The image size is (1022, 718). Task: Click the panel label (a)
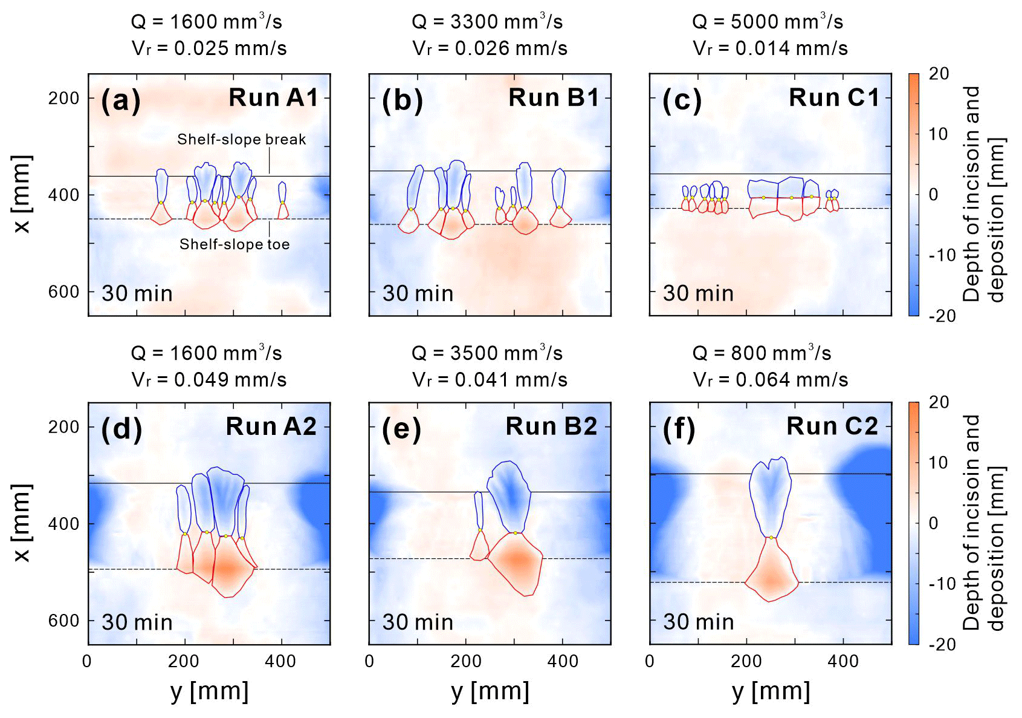pyautogui.click(x=121, y=100)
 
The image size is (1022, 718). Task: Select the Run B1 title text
pyautogui.click(x=553, y=97)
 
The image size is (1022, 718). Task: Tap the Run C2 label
pyautogui.click(x=832, y=426)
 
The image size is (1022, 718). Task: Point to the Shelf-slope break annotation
pyautogui.click(x=241, y=140)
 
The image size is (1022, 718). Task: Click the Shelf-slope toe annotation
pyautogui.click(x=234, y=244)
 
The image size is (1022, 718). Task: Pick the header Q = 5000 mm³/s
pyautogui.click(x=768, y=22)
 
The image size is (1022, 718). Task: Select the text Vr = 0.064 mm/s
pyautogui.click(x=771, y=380)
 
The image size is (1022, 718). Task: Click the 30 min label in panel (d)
pyautogui.click(x=137, y=622)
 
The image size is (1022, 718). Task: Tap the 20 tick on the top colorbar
pyautogui.click(x=939, y=74)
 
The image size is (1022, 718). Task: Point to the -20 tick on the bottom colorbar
pyautogui.click(x=942, y=644)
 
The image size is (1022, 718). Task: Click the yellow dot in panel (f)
pyautogui.click(x=771, y=537)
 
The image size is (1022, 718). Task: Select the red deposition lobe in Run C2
pyautogui.click(x=771, y=575)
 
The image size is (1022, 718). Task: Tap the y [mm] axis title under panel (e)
pyautogui.click(x=490, y=691)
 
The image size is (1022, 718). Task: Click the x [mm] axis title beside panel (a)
pyautogui.click(x=22, y=194)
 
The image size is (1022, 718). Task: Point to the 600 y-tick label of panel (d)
pyautogui.click(x=64, y=621)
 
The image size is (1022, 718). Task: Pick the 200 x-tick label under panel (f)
pyautogui.click(x=746, y=661)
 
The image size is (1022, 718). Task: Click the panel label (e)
pyautogui.click(x=401, y=429)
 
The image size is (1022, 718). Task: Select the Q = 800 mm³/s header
pyautogui.click(x=762, y=353)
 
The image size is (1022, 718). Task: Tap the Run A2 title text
pyautogui.click(x=271, y=426)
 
